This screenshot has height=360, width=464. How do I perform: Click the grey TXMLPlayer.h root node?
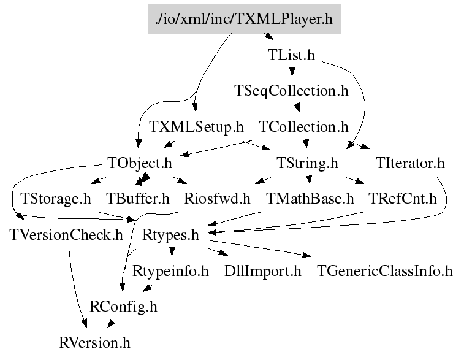point(244,19)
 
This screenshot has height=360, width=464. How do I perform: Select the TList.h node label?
point(291,55)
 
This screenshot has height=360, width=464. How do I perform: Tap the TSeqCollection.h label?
point(291,91)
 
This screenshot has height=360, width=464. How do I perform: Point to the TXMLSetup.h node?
point(196,128)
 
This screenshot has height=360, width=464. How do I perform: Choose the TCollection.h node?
point(303,128)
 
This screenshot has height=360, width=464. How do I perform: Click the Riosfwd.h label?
point(217,199)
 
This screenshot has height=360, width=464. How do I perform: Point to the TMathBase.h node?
point(310,199)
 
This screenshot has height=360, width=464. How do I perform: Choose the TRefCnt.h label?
point(402,199)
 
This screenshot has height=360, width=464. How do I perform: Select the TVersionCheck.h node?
point(66,234)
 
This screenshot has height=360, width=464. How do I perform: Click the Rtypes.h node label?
point(171,234)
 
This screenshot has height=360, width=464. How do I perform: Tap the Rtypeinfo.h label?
point(171,270)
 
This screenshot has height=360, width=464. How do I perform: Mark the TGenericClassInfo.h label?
point(384,270)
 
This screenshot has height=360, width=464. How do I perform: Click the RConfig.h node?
point(123,306)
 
